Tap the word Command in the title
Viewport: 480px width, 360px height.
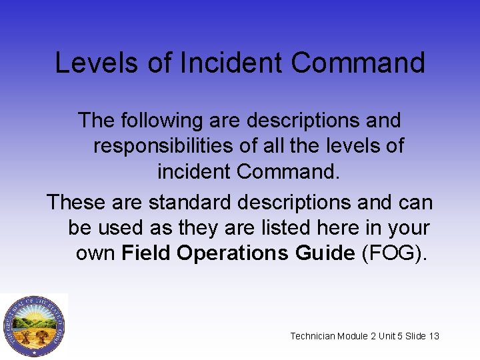(x=358, y=63)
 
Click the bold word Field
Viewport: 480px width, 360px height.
(x=149, y=253)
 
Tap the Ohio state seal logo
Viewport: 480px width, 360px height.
(x=33, y=325)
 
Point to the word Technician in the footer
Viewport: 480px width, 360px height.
(x=313, y=336)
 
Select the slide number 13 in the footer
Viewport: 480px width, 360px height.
(x=434, y=336)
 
